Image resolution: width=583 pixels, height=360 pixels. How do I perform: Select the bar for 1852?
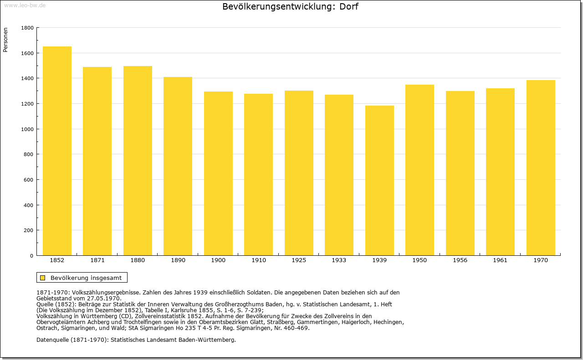click(x=57, y=151)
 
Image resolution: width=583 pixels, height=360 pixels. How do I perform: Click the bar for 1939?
click(x=379, y=181)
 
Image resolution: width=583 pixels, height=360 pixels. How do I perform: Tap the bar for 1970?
click(x=541, y=168)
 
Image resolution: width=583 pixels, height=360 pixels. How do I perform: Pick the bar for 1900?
click(x=218, y=173)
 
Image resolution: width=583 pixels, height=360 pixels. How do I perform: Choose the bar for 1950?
click(x=419, y=170)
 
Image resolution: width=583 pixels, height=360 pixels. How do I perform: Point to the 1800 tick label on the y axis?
click(x=27, y=28)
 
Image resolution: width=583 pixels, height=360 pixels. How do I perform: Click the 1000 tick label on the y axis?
click(x=27, y=129)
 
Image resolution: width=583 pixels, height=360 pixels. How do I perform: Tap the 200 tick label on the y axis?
click(x=29, y=230)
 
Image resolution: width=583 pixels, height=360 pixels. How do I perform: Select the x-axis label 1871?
click(x=97, y=260)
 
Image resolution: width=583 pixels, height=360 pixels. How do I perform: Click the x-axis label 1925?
click(x=299, y=260)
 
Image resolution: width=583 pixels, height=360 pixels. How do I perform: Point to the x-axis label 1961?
click(x=500, y=260)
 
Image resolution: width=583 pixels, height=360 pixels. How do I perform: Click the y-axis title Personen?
click(x=5, y=40)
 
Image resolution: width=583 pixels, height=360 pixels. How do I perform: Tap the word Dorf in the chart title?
click(x=349, y=6)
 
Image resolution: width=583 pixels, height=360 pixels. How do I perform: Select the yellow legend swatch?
click(x=43, y=278)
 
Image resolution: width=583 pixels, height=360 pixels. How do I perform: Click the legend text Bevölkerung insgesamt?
click(x=86, y=278)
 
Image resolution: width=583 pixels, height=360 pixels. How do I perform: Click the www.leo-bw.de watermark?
click(x=25, y=5)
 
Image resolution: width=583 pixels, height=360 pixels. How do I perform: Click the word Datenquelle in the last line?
click(x=53, y=340)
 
